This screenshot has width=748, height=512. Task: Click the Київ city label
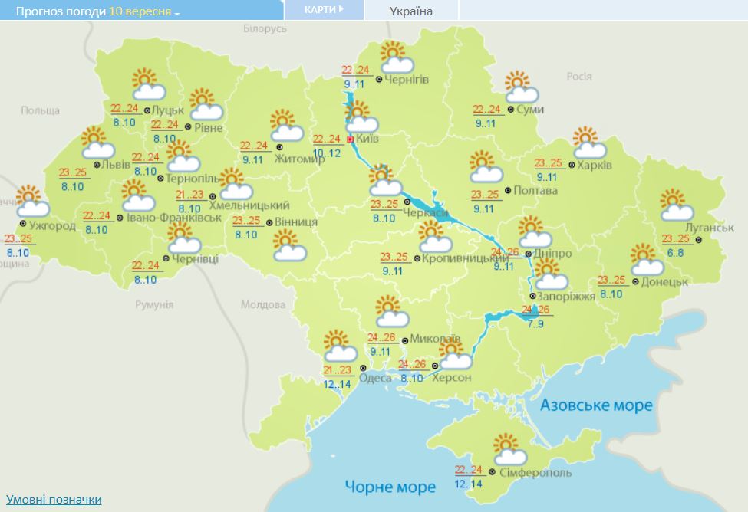(x=368, y=139)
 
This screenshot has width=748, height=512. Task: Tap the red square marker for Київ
(x=351, y=139)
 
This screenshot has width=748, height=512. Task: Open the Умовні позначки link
(x=54, y=500)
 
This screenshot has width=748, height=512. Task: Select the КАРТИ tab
(x=322, y=10)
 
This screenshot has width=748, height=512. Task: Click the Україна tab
(x=411, y=11)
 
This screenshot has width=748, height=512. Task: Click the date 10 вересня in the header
(x=140, y=12)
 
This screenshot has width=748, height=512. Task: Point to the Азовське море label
(x=596, y=405)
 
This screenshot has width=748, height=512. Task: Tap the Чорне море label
(x=390, y=486)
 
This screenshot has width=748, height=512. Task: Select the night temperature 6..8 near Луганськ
(x=675, y=252)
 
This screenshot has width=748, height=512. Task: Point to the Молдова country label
(x=263, y=304)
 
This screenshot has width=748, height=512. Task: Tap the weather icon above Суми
(x=522, y=87)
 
